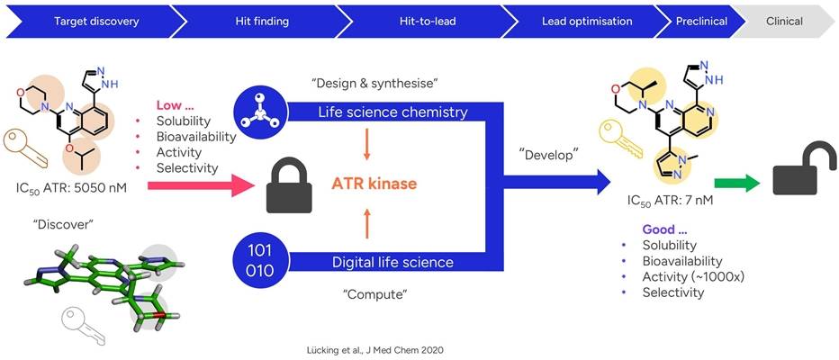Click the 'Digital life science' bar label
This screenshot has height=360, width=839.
click(x=387, y=262)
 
